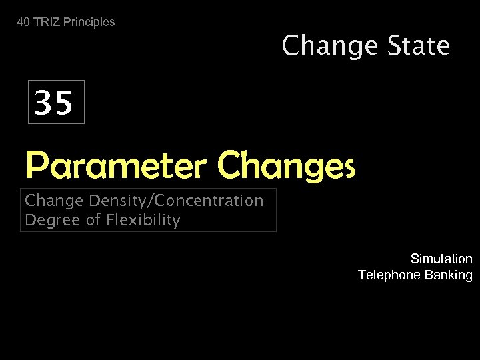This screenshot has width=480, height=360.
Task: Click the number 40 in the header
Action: coord(23,22)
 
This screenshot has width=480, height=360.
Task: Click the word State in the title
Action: coord(417,46)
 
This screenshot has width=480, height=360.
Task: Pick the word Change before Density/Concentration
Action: coord(52,201)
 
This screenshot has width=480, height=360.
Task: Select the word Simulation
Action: coord(441,259)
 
